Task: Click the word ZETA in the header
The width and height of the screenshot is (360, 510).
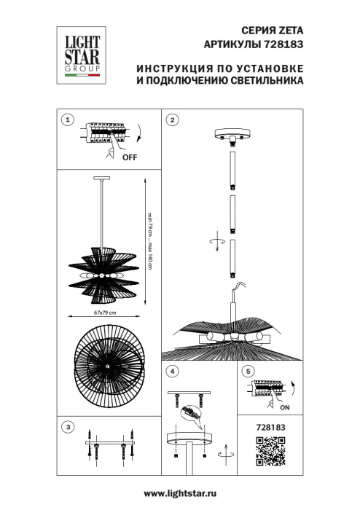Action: tap(289, 31)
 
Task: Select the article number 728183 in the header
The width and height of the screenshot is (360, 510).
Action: tap(285, 44)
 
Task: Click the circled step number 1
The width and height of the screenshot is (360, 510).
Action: tap(68, 119)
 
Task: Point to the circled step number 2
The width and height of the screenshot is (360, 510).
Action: tap(173, 119)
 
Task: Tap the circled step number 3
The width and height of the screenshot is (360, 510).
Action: tap(68, 427)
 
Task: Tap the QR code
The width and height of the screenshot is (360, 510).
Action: tap(269, 451)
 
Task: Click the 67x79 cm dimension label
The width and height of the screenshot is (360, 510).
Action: tap(106, 312)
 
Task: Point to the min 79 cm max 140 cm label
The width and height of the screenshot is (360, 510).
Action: tap(150, 241)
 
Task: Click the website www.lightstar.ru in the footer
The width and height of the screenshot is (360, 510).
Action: tap(180, 494)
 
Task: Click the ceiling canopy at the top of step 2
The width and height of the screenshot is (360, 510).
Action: tap(232, 137)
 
